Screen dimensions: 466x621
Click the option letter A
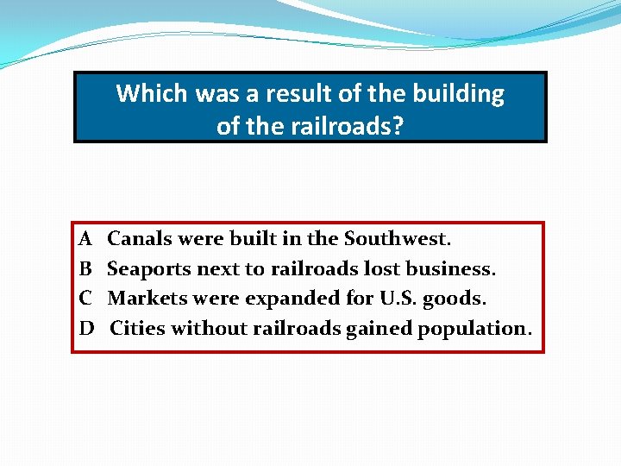pyautogui.click(x=85, y=238)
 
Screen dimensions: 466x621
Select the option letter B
pyautogui.click(x=85, y=268)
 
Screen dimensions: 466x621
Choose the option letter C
pyautogui.click(x=85, y=299)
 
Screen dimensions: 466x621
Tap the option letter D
pyautogui.click(x=86, y=329)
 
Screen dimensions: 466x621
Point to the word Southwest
pyautogui.click(x=397, y=238)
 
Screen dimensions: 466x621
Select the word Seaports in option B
pyautogui.click(x=148, y=268)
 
